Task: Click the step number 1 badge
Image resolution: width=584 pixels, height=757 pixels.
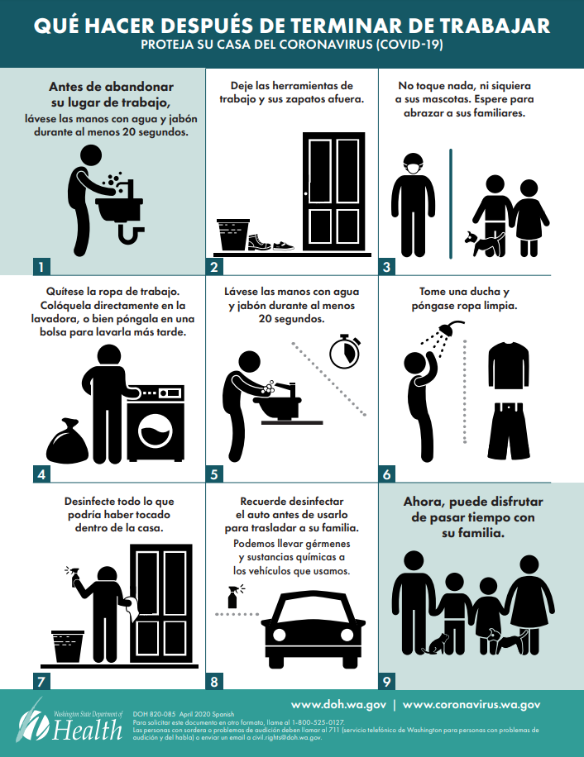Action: [41, 266]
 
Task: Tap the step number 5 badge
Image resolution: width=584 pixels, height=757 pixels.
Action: [214, 474]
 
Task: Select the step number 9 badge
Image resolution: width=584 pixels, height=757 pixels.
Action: [386, 681]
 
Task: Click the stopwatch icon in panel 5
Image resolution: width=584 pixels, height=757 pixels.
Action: [345, 351]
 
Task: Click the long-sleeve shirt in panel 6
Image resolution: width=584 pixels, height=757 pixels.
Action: [508, 365]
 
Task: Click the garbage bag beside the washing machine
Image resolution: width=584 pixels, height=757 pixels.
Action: [67, 441]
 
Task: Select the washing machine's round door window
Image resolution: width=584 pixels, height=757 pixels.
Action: [155, 431]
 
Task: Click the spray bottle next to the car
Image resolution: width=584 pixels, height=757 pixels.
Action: [233, 597]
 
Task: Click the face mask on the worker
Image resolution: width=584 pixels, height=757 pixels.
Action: [413, 168]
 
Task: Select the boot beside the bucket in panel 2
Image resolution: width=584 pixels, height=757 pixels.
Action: [259, 242]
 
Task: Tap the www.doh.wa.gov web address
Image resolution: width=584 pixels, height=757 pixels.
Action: [338, 705]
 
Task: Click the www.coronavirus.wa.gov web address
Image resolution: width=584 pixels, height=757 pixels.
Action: [472, 705]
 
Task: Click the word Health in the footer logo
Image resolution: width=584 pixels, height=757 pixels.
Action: [88, 729]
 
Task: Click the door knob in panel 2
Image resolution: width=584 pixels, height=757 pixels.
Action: [306, 194]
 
